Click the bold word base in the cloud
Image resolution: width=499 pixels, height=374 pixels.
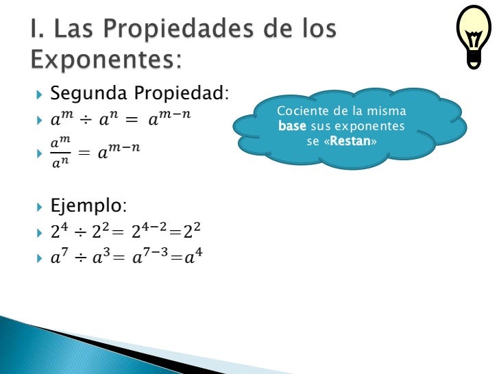(292, 126)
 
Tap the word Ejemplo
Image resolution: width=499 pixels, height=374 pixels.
(88, 206)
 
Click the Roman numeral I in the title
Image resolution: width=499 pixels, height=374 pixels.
(34, 29)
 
